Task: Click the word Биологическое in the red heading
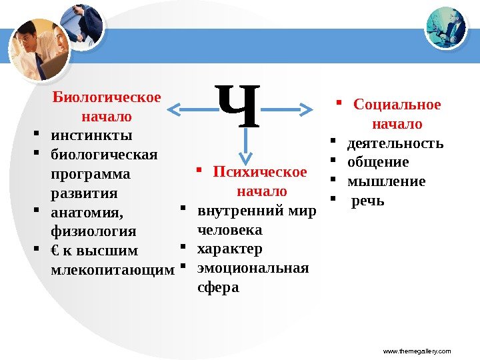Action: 107,98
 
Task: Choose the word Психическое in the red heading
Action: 260,172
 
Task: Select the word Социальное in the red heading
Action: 397,105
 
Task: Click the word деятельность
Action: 395,143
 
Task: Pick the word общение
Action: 378,163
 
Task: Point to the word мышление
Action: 387,182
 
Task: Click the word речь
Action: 368,201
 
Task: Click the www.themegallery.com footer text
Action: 418,351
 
